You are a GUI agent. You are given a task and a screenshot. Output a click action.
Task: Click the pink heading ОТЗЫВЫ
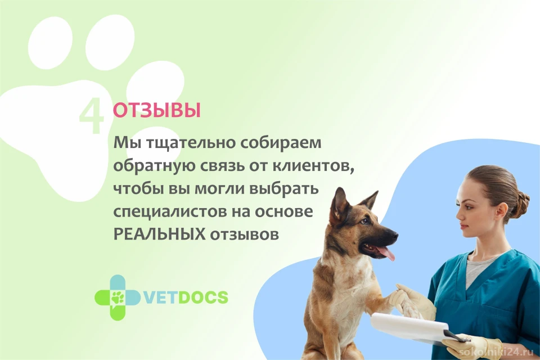(157, 110)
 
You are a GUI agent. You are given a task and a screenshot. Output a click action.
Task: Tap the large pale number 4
(91, 116)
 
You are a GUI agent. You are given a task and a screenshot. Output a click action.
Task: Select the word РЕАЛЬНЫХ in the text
(159, 234)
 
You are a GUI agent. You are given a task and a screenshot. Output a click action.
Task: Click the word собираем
(280, 143)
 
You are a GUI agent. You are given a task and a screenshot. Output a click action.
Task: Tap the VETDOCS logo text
(186, 298)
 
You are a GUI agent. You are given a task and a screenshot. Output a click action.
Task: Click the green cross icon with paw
(118, 298)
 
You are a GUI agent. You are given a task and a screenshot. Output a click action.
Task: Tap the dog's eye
(363, 221)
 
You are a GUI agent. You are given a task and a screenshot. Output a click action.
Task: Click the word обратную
(150, 166)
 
